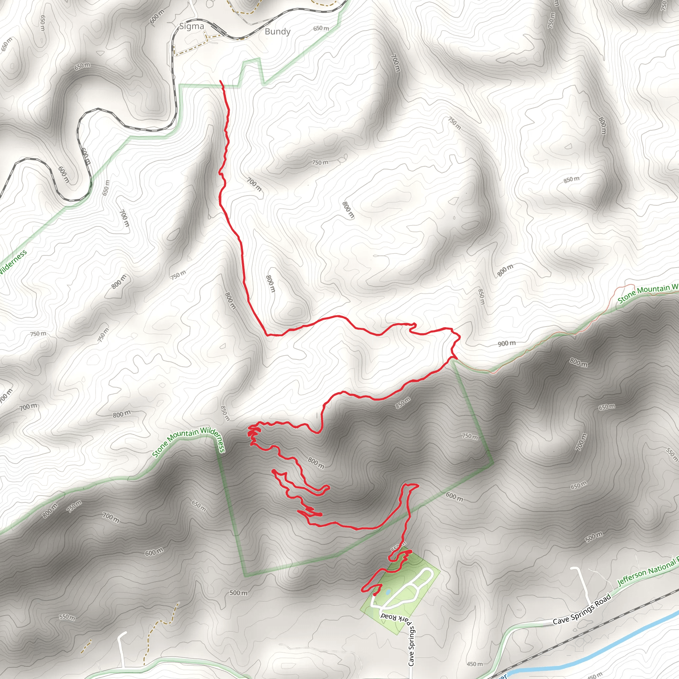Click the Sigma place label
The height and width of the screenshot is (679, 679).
point(192,27)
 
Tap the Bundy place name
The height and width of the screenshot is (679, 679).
point(277,31)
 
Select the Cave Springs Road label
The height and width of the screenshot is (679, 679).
point(582,609)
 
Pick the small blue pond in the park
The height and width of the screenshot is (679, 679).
point(387,592)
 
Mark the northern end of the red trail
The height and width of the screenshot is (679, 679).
point(221,81)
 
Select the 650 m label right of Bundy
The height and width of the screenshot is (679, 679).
point(321,28)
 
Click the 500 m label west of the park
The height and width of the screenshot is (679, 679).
point(238,593)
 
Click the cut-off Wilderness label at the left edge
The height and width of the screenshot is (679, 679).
point(12,263)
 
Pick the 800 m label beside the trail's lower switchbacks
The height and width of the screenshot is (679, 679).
point(316,463)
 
